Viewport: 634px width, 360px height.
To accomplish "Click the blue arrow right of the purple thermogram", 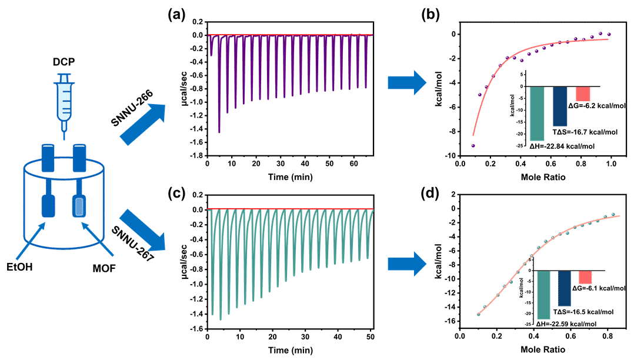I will pyautogui.click(x=406, y=83).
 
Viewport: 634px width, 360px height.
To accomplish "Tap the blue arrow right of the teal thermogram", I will pyautogui.click(x=406, y=264).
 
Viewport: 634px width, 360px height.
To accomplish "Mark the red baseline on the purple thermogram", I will pyautogui.click(x=288, y=35).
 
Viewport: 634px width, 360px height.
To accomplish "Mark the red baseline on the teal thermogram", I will pyautogui.click(x=288, y=209).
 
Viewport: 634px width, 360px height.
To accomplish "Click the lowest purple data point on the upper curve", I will pyautogui.click(x=472, y=145).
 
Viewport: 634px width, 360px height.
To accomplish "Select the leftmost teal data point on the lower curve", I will pyautogui.click(x=478, y=315).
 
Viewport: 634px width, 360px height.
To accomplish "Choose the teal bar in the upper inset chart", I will pyautogui.click(x=539, y=114).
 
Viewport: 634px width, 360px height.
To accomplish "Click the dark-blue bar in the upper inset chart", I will pyautogui.click(x=560, y=106).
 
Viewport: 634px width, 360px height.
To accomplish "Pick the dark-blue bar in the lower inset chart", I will pyautogui.click(x=564, y=288).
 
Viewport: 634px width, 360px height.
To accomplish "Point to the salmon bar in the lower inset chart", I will pyautogui.click(x=585, y=278).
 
